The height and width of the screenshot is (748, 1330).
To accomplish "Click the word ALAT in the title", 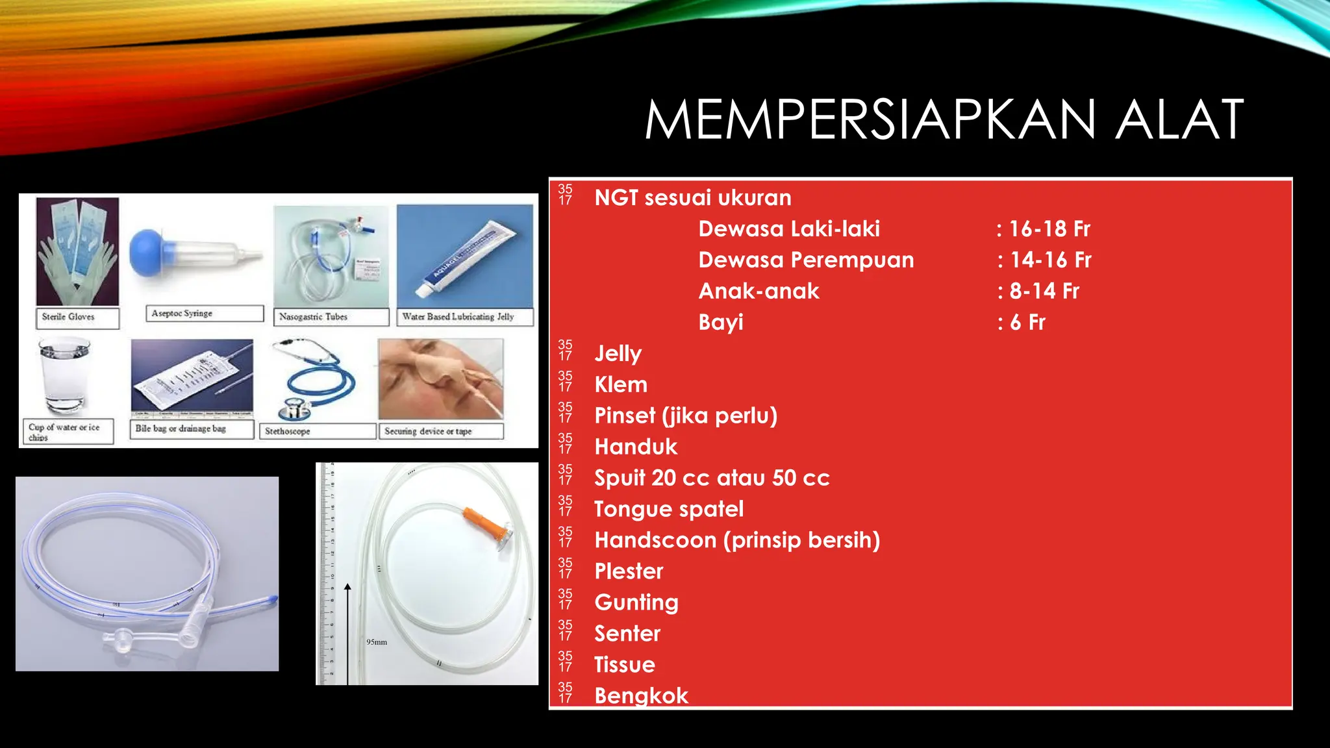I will pyautogui.click(x=1179, y=120).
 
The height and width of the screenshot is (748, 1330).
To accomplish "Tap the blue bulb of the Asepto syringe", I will pyautogui.click(x=149, y=253).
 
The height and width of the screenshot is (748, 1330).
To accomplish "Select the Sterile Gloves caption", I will pyautogui.click(x=68, y=317).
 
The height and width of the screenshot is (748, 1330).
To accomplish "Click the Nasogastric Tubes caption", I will pyautogui.click(x=313, y=317).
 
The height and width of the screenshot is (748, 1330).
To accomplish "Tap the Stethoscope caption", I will pyautogui.click(x=288, y=431).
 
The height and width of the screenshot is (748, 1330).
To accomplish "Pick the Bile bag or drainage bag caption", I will pyautogui.click(x=181, y=429).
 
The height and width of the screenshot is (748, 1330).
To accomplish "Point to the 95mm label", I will pyautogui.click(x=377, y=642).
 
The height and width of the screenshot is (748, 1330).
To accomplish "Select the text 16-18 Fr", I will pyautogui.click(x=1049, y=229).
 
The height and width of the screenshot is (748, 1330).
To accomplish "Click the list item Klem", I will pyautogui.click(x=621, y=384).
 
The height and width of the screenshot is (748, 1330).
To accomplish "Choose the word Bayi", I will pyautogui.click(x=721, y=322).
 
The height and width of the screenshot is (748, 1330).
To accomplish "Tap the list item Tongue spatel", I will pyautogui.click(x=669, y=509).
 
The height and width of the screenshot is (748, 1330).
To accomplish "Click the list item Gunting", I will pyautogui.click(x=636, y=603).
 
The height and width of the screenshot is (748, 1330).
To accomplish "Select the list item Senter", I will pyautogui.click(x=627, y=634).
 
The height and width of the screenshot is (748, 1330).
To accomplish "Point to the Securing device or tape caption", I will pyautogui.click(x=428, y=431).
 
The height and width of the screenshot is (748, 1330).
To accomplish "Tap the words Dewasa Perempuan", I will pyautogui.click(x=806, y=260).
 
